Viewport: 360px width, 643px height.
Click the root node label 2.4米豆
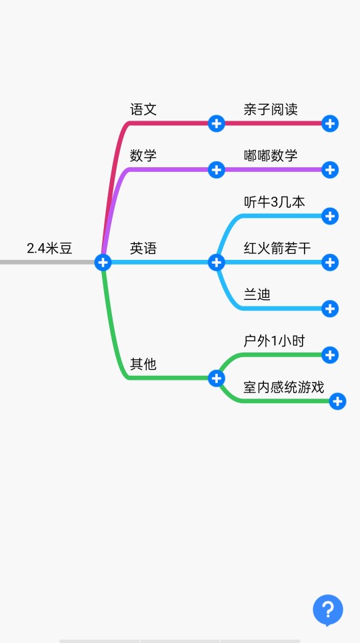coord(50,249)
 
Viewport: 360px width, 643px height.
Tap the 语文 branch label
coord(143,109)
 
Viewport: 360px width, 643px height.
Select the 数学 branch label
coord(143,156)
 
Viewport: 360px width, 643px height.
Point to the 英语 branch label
coord(143,249)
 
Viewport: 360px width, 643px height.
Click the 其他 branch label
coord(143,364)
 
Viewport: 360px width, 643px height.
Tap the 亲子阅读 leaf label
coord(271,109)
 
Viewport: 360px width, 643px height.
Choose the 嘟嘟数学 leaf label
coord(271,156)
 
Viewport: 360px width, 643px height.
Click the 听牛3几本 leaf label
coord(274,202)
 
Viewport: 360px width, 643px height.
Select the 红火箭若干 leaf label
coord(277,249)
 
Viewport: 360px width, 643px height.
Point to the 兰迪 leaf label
coord(257,295)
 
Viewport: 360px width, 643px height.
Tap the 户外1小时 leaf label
coord(274,341)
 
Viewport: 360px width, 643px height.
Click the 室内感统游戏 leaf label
coord(284,388)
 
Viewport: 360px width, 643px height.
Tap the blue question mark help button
coord(328,610)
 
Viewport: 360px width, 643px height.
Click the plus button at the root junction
coord(103,262)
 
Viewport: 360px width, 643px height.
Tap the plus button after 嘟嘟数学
coord(330,169)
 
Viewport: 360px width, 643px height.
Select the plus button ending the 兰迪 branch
coord(330,309)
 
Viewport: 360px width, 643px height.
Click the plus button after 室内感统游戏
coord(337,401)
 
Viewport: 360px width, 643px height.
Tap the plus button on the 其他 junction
coord(216,378)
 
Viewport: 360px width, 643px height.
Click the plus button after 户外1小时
coord(330,354)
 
